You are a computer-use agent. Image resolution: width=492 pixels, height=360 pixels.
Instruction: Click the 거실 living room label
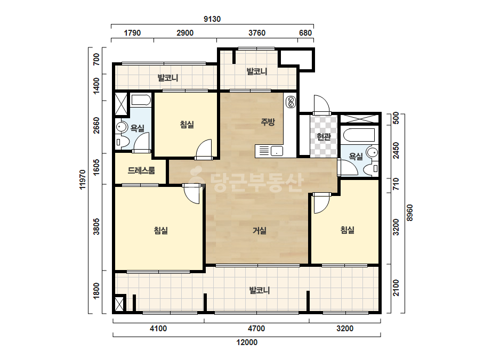coord(260,231)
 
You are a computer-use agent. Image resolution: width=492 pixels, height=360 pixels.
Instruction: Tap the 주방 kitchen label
coord(268,122)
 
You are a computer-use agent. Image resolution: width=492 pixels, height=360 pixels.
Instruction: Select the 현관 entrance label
coord(324,137)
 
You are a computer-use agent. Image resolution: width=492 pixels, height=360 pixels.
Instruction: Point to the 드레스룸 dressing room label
coord(141,170)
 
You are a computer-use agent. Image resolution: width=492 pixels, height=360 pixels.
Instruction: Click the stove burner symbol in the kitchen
coord(291,102)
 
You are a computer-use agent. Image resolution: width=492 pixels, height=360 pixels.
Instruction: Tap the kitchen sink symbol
coord(277,151)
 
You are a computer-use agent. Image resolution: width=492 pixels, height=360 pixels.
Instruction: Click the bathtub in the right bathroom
coord(359,135)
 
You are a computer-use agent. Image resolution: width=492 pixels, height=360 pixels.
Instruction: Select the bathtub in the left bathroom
coord(141,100)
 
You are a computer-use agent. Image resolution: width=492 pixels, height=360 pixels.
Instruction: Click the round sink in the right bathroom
coord(373,153)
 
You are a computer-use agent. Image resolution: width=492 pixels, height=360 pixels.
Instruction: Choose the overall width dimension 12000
coord(247,342)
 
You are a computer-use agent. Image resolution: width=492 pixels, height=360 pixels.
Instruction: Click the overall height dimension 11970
coord(83,179)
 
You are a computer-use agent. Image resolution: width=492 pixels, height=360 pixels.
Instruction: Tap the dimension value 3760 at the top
coord(257,33)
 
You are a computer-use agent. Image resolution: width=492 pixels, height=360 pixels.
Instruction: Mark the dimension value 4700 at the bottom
coord(256,329)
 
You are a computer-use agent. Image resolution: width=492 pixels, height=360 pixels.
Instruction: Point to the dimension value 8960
coord(410,213)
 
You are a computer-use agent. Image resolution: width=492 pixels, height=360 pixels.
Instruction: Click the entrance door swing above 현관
coord(322,104)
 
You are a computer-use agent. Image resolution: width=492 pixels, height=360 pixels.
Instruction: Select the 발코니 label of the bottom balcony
coord(260,290)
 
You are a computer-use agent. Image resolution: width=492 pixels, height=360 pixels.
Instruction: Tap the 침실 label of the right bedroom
coord(348,230)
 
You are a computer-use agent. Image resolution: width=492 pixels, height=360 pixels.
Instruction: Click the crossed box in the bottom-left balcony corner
coord(119,304)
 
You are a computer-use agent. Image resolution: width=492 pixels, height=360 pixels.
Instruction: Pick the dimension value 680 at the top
coord(305,33)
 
